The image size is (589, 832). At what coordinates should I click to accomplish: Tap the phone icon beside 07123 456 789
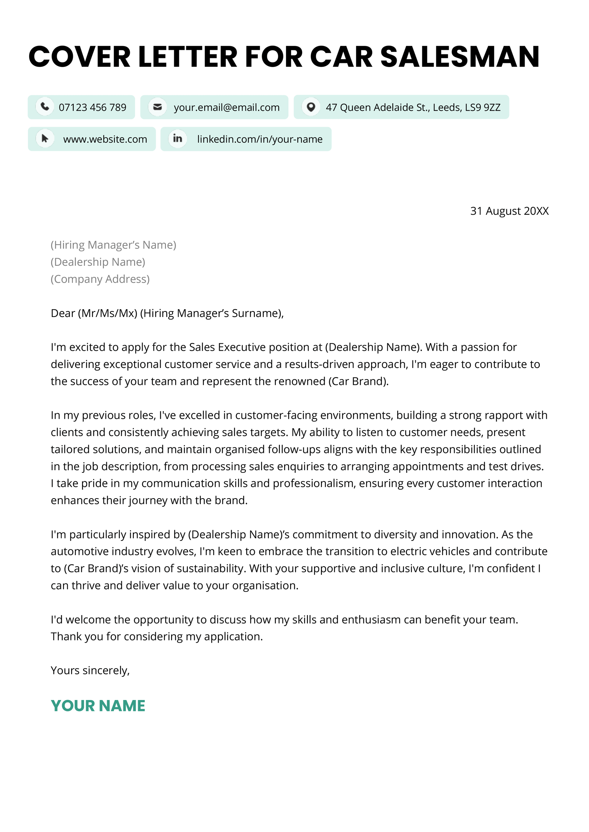click(x=45, y=107)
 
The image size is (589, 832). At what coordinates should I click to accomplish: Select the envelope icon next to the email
click(x=158, y=107)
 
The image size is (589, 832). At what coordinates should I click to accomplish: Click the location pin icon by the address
click(x=311, y=107)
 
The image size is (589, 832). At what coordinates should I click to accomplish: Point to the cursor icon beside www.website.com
click(x=45, y=139)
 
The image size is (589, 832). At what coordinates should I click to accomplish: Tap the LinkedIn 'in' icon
click(x=177, y=139)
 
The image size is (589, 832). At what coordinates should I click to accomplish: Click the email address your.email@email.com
click(x=226, y=107)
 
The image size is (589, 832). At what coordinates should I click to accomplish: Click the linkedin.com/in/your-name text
click(x=260, y=139)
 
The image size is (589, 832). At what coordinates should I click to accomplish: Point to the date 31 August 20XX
click(x=509, y=211)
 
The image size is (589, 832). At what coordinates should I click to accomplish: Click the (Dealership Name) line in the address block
click(x=98, y=262)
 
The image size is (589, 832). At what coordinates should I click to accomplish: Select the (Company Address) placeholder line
click(x=100, y=279)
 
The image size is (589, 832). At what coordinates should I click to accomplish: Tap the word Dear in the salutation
click(x=63, y=313)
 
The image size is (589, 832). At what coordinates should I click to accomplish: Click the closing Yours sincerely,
click(x=90, y=671)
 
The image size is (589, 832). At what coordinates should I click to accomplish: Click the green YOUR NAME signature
click(x=98, y=706)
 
